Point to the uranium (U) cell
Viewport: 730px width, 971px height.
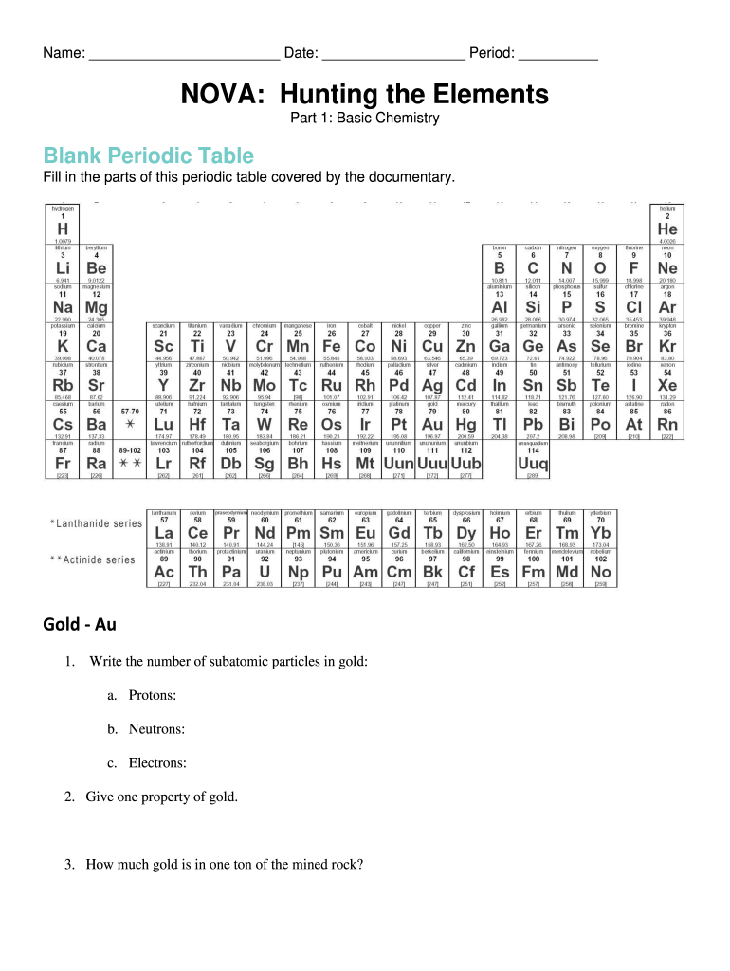[265, 568]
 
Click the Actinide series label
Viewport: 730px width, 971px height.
[92, 559]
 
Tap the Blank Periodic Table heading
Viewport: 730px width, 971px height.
[148, 156]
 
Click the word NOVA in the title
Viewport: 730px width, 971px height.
[216, 95]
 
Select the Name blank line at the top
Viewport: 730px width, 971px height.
[184, 55]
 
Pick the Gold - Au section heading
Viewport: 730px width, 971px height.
[80, 624]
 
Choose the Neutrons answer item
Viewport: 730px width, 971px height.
[156, 729]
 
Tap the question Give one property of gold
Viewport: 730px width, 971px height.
[161, 797]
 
